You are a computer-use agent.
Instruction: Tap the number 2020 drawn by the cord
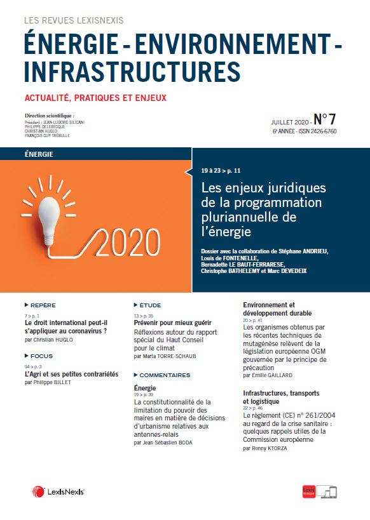(x=128, y=243)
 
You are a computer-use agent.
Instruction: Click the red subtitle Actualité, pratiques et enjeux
(x=95, y=98)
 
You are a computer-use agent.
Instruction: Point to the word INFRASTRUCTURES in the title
(x=124, y=70)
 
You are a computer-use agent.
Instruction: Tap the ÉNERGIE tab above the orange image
(x=39, y=154)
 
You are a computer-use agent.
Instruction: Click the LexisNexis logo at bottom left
(x=58, y=492)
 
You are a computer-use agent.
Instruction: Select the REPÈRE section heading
(x=43, y=305)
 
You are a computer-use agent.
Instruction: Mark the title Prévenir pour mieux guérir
(x=168, y=323)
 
